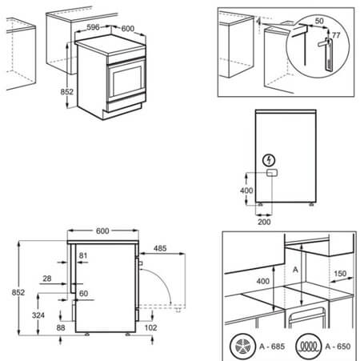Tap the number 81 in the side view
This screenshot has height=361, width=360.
pos(84,256)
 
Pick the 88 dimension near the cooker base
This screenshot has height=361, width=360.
pos(61,328)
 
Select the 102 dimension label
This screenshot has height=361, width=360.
pos(152,327)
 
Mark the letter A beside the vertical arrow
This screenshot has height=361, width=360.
pos(295,271)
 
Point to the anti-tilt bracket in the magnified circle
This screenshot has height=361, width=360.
pos(327,46)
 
